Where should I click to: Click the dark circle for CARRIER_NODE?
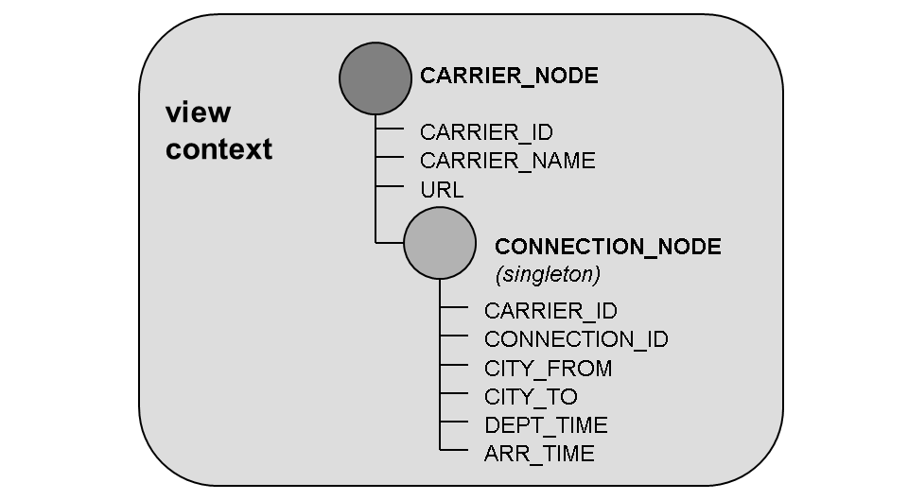click(375, 78)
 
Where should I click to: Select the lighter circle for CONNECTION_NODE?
click(439, 243)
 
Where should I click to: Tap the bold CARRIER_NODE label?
click(509, 77)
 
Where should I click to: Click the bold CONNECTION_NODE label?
click(607, 247)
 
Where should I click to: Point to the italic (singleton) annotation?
click(548, 275)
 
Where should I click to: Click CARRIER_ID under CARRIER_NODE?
click(486, 132)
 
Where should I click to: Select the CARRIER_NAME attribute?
click(507, 161)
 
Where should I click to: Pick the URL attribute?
click(442, 190)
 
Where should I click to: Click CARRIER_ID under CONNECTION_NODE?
click(550, 311)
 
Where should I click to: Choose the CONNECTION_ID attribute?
click(576, 339)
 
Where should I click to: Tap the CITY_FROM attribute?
click(548, 369)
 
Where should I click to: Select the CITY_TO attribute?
click(531, 397)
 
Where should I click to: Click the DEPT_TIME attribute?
click(546, 425)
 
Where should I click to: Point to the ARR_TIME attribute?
click(539, 454)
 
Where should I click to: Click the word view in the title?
click(199, 112)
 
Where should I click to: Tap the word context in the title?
click(218, 149)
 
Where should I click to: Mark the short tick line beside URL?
click(390, 187)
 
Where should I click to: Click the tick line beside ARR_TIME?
click(454, 451)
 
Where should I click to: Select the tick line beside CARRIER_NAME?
click(390, 158)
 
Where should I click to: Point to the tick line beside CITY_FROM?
click(454, 366)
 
